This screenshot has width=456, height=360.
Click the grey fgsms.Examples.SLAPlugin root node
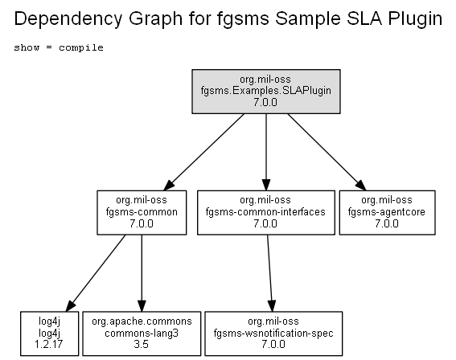tap(266, 92)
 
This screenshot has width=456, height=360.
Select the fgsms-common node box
tap(142, 212)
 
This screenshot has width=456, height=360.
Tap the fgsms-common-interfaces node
tap(266, 212)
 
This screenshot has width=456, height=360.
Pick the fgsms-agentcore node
tap(387, 212)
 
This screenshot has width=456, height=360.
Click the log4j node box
tap(49, 333)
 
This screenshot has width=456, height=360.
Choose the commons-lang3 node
tap(142, 333)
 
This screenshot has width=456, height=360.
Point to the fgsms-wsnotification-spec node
tap(273, 333)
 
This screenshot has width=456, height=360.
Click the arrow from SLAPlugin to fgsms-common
tap(203, 152)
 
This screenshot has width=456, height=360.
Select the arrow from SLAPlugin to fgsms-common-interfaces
tap(266, 152)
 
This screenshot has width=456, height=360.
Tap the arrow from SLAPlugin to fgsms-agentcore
tap(327, 152)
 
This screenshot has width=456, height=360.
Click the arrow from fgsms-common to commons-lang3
tap(142, 273)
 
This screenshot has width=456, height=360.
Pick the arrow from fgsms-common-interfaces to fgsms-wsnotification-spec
tap(270, 273)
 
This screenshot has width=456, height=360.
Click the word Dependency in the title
tap(68, 19)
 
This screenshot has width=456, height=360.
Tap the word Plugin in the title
tap(415, 19)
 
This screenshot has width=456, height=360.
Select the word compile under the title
tap(81, 47)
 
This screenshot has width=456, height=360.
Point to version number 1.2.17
tap(49, 344)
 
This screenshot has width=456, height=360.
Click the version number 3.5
tap(142, 344)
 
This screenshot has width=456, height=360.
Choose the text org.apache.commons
tap(142, 321)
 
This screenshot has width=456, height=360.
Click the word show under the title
tap(27, 47)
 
